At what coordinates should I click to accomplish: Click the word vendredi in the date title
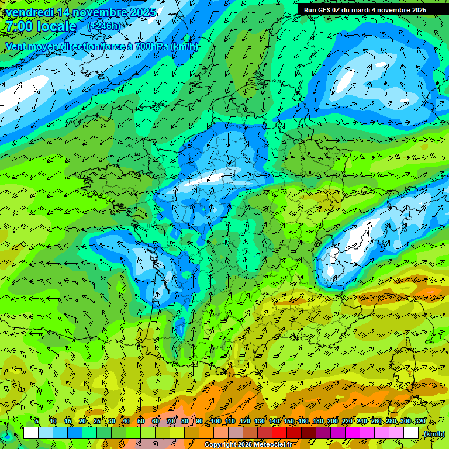pyautogui.click(x=30, y=12)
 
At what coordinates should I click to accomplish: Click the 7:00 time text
pyautogui.click(x=18, y=26)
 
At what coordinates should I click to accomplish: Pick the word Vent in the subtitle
pyautogui.click(x=16, y=46)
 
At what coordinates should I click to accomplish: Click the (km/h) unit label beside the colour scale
pyautogui.click(x=434, y=434)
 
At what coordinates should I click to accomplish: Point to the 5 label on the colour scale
pyautogui.click(x=36, y=422)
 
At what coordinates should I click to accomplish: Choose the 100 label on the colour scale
pyautogui.click(x=216, y=422)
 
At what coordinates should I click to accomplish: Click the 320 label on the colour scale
pyautogui.click(x=420, y=422)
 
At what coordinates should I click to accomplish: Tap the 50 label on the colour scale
pyautogui.click(x=140, y=422)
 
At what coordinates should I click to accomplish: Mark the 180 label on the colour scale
pyautogui.click(x=317, y=422)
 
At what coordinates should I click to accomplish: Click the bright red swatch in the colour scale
pyautogui.click(x=279, y=433)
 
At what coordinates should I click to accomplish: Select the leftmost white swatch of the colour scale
pyautogui.click(x=31, y=433)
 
